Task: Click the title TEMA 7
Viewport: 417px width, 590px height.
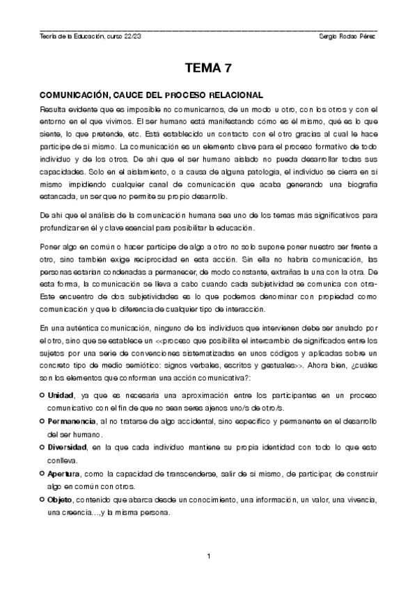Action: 208,68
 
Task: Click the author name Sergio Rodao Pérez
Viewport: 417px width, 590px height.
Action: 345,36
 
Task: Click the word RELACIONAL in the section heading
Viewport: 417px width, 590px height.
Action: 233,94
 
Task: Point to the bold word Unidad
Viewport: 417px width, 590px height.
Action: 61,395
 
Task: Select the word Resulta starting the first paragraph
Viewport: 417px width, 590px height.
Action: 54,109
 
